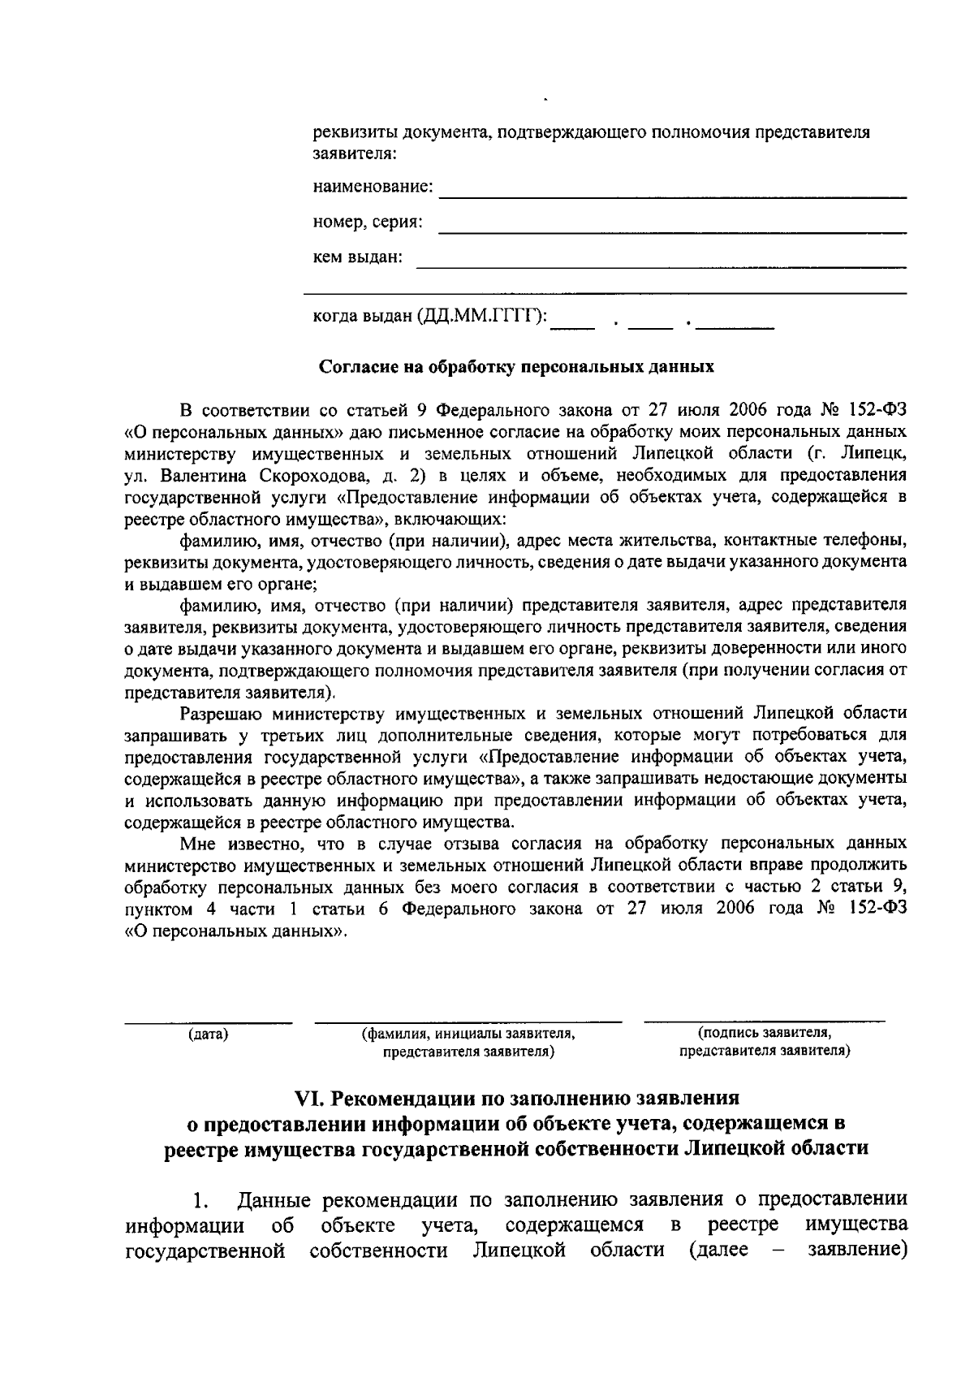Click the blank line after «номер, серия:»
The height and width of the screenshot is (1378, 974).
672,232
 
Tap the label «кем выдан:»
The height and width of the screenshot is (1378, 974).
357,257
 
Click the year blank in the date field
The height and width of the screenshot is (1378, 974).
735,326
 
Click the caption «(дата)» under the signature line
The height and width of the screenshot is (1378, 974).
208,1035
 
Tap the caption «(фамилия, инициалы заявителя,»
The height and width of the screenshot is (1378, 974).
468,1035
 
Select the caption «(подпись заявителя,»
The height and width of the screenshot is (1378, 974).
764,1033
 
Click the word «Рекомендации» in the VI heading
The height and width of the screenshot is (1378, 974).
401,1099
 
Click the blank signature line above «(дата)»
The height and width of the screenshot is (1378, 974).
208,1020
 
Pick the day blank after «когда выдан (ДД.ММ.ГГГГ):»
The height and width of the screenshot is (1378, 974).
573,326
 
